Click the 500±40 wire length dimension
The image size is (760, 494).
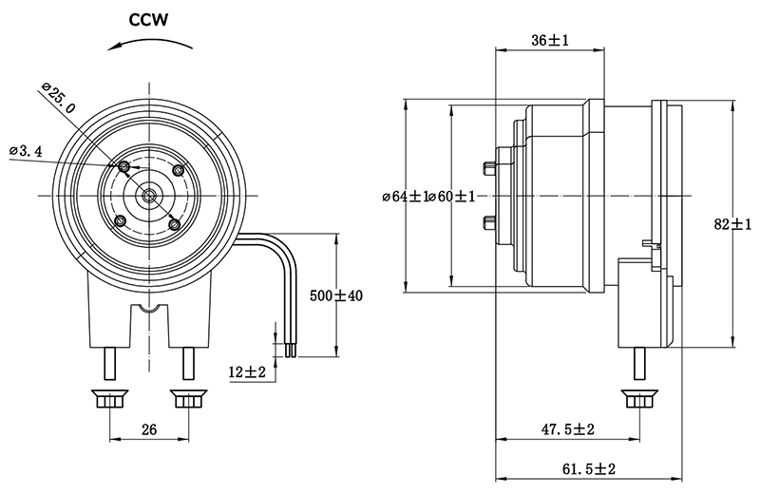coord(337,295)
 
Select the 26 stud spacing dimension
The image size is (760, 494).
coord(149,430)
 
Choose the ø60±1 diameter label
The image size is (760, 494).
coord(450,196)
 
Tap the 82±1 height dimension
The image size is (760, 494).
coord(732,224)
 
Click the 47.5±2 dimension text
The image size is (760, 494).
coord(567,430)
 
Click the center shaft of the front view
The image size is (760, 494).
coord(149,195)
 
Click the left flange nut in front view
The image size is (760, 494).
coord(109,399)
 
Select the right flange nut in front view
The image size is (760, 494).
coord(188,399)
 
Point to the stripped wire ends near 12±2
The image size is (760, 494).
coord(288,351)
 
